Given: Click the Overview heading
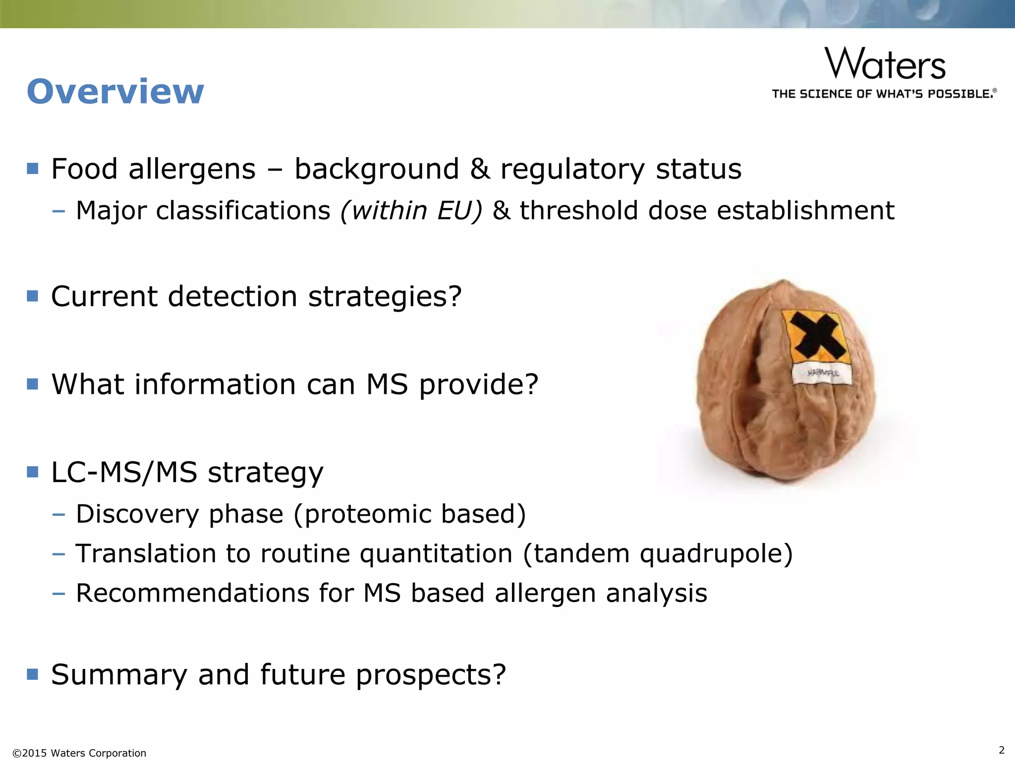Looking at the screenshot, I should (x=115, y=92).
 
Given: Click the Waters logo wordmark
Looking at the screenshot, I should (x=885, y=64).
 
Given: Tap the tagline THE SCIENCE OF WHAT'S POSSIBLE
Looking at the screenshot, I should (x=884, y=94).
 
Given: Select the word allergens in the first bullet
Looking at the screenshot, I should (x=192, y=169).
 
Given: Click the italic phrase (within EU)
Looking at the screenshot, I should (x=411, y=211).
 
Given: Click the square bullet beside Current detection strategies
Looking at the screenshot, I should (x=33, y=296).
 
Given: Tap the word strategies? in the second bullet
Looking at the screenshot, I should (x=385, y=297).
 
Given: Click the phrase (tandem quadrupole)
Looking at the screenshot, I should (x=658, y=553).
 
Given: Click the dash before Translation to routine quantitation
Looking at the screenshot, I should (x=58, y=553).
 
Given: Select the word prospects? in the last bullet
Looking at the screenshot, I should (x=431, y=675).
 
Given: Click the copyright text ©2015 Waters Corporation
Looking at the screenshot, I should (x=79, y=753).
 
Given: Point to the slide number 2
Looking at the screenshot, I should (x=1001, y=750).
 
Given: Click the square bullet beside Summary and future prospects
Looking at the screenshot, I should (x=33, y=674).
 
